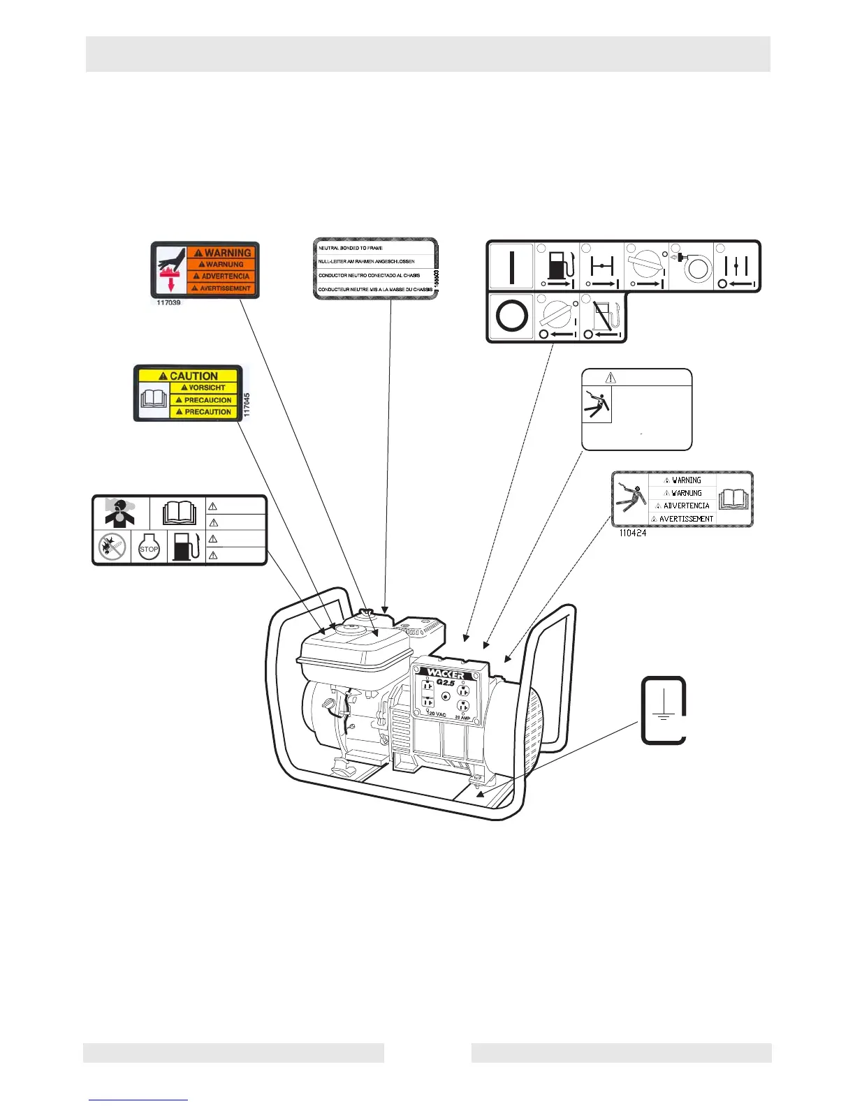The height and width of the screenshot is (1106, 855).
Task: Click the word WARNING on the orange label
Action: tap(227, 252)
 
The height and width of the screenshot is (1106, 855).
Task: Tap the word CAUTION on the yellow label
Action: tap(193, 375)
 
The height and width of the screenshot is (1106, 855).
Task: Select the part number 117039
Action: tap(168, 303)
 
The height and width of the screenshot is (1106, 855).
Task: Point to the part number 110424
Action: tap(632, 533)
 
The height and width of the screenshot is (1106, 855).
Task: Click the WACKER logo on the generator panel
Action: tap(446, 674)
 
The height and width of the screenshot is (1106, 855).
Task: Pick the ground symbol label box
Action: tap(663, 709)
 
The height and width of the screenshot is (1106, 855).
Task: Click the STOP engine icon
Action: tap(149, 548)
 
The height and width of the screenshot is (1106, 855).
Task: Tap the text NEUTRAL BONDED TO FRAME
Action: tap(351, 248)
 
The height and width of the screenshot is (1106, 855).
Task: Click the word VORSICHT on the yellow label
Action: tap(207, 388)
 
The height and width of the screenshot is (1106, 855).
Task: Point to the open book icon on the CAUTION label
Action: tap(154, 399)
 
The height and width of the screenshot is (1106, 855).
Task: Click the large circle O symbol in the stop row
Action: tap(511, 316)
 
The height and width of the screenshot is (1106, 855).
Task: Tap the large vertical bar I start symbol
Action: tap(511, 266)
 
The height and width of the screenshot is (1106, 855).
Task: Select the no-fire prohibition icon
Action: tap(112, 547)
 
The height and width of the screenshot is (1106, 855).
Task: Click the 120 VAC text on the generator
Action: tap(437, 714)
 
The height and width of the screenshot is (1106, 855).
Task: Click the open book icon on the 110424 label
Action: tap(733, 499)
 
